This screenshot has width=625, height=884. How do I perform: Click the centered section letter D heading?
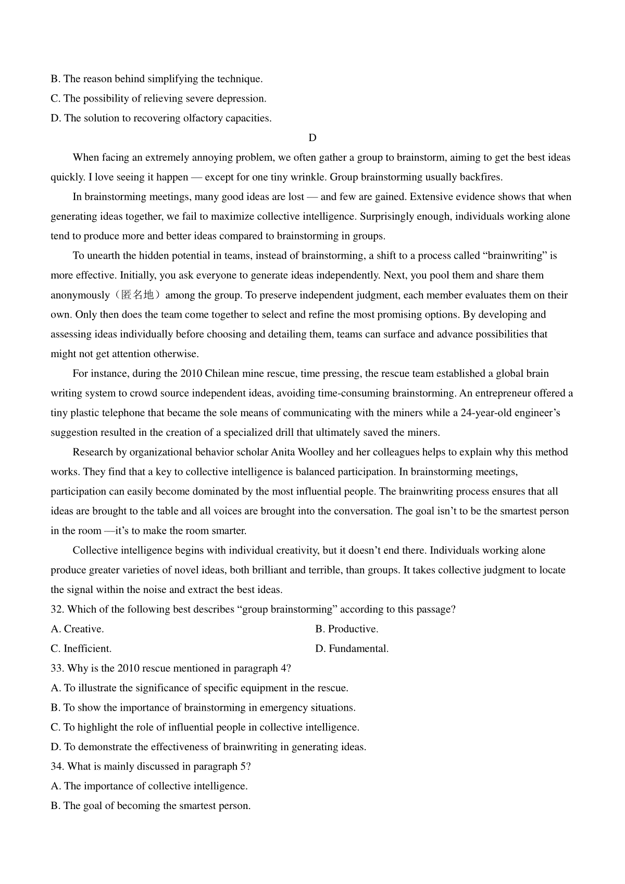tap(312, 138)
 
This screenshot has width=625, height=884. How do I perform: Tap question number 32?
tap(57, 610)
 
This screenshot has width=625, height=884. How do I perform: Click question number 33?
tap(57, 668)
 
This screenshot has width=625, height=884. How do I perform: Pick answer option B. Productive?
tap(347, 629)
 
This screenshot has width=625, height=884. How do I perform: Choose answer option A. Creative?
tap(78, 629)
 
